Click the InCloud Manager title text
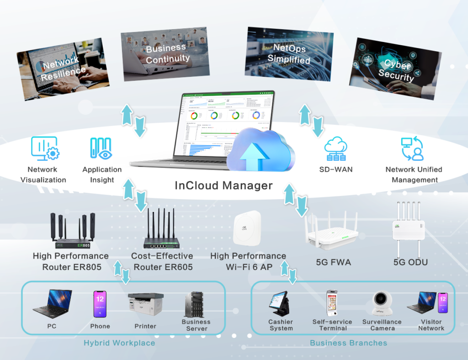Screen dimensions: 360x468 coord(223,185)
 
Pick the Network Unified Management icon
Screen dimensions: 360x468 coord(412,149)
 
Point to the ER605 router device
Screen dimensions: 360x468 coord(162,233)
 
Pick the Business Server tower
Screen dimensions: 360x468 coord(195,304)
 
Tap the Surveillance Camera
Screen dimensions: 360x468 coord(381,303)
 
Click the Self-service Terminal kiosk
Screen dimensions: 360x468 coord(333,303)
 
